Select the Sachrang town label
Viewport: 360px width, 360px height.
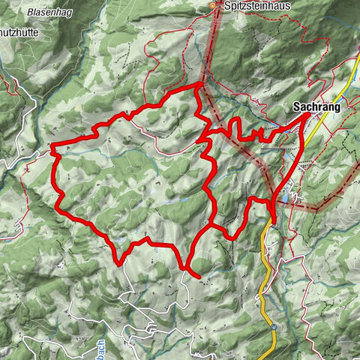(316, 108)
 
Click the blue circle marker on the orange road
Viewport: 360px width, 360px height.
(274, 327)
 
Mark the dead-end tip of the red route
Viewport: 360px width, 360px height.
(198, 277)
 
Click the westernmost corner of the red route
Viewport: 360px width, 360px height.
(52, 146)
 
